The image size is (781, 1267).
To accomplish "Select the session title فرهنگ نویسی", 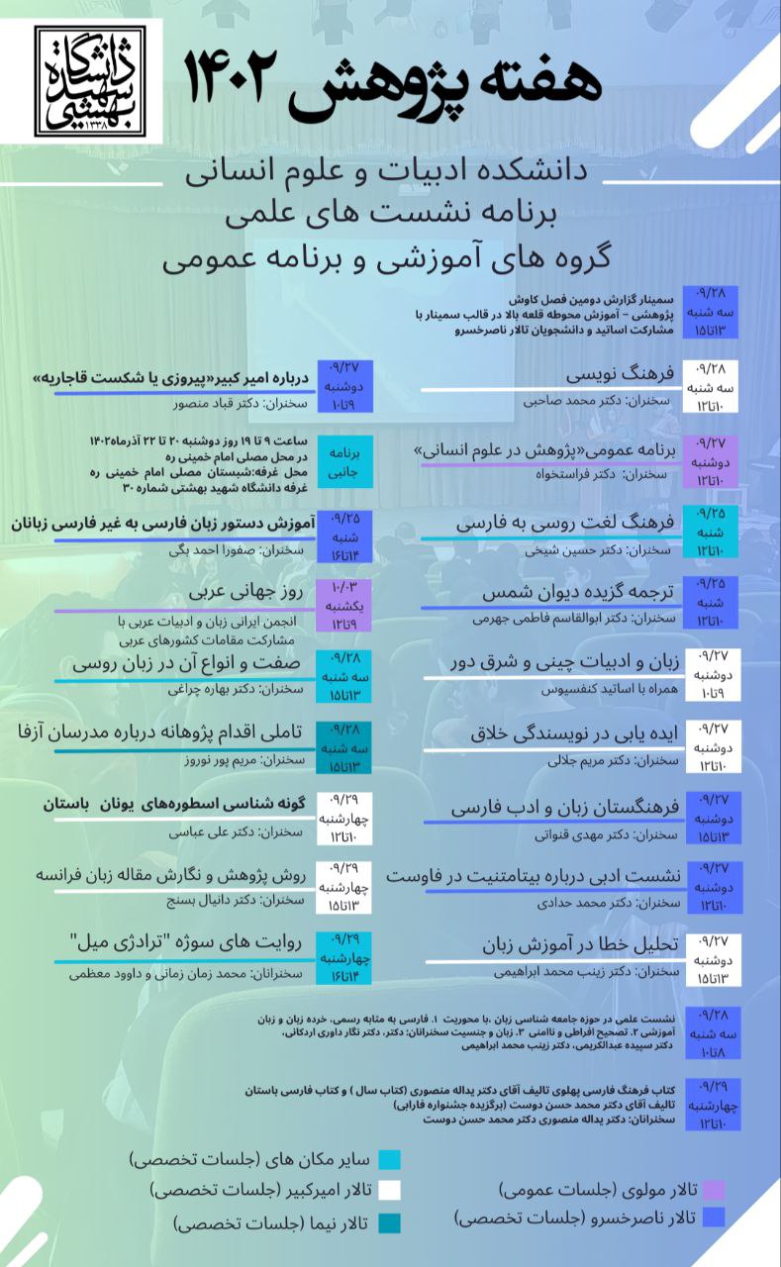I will (x=620, y=375).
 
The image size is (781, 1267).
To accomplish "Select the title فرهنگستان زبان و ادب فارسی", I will (x=564, y=807).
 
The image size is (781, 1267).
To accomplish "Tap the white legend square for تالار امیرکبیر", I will (x=388, y=1190).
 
